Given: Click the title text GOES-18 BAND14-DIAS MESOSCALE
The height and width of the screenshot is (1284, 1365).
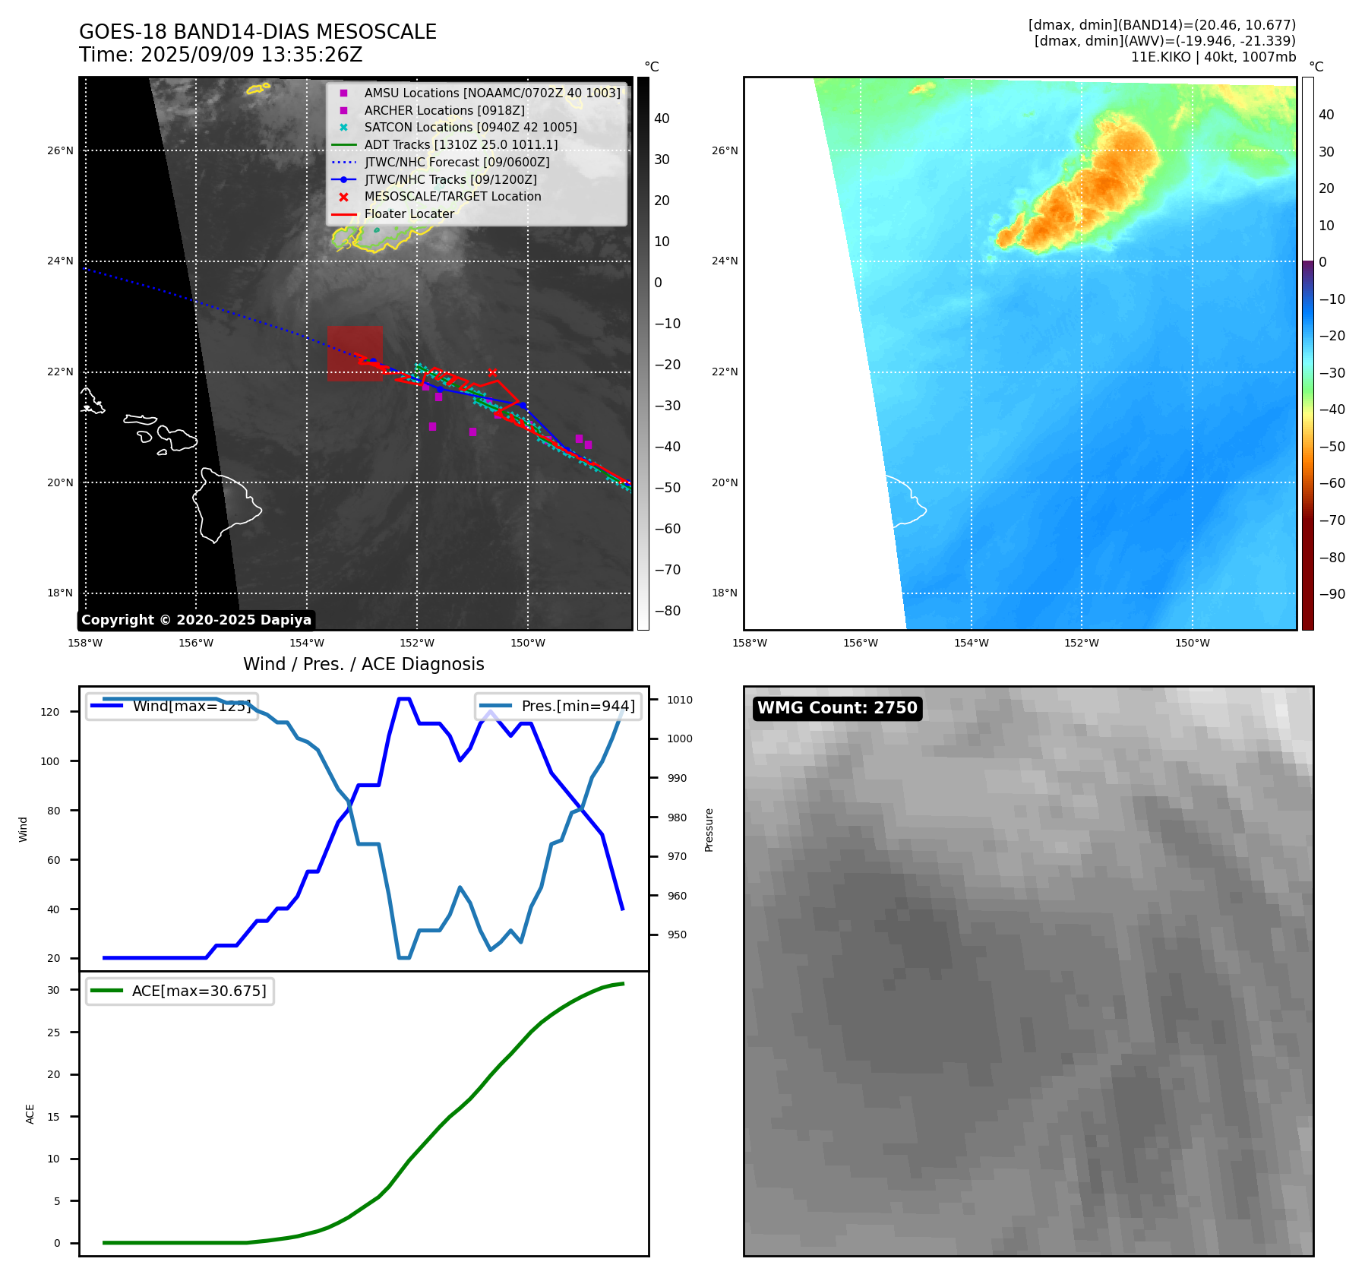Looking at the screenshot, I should pos(258,32).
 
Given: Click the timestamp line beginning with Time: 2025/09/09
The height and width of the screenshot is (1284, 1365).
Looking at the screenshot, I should pos(220,55).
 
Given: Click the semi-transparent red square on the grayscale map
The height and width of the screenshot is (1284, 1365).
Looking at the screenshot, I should pos(355,353).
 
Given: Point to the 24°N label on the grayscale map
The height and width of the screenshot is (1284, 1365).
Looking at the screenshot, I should pos(60,261).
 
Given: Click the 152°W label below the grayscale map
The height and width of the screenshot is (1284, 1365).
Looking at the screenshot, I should pos(417,643).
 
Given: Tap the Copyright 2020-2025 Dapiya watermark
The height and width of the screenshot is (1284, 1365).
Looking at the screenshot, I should pos(196,620).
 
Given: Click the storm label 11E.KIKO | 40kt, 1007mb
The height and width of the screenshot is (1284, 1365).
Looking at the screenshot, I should pos(1213,57).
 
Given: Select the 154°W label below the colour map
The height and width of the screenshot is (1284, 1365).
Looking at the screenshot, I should pos(971,643).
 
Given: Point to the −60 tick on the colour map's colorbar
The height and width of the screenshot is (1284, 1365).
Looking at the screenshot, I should pos(1332,483).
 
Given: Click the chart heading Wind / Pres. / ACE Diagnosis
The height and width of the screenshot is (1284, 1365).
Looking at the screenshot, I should pos(363,664).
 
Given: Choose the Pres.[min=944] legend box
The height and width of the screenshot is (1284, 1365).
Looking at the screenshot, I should pos(558,706).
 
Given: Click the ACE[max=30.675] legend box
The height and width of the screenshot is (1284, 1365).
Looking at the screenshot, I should pos(180,991).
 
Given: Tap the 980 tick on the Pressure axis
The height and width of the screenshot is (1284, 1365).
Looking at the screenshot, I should pos(677,818).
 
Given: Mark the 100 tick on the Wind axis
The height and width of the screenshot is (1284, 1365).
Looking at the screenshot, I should pos(50,761).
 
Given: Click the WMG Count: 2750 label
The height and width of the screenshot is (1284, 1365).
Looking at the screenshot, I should pos(837,708).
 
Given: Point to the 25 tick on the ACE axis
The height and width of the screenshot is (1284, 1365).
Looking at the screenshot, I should pos(53,1033).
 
